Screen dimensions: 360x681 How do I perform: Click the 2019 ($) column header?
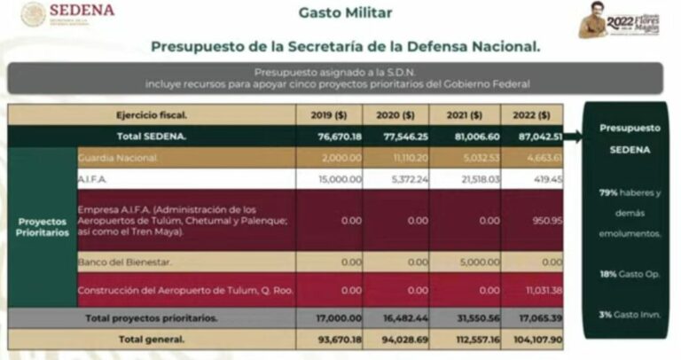[x=329, y=115]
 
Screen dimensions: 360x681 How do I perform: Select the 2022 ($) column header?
[x=531, y=115]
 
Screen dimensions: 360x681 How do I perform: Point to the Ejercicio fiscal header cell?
[x=152, y=115]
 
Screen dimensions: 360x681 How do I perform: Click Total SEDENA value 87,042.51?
[x=538, y=137]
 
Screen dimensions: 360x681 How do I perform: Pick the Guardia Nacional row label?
[x=118, y=158]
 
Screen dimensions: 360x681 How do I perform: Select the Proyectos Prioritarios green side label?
[x=42, y=226]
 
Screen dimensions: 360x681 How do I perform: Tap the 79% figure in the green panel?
[x=607, y=192]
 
